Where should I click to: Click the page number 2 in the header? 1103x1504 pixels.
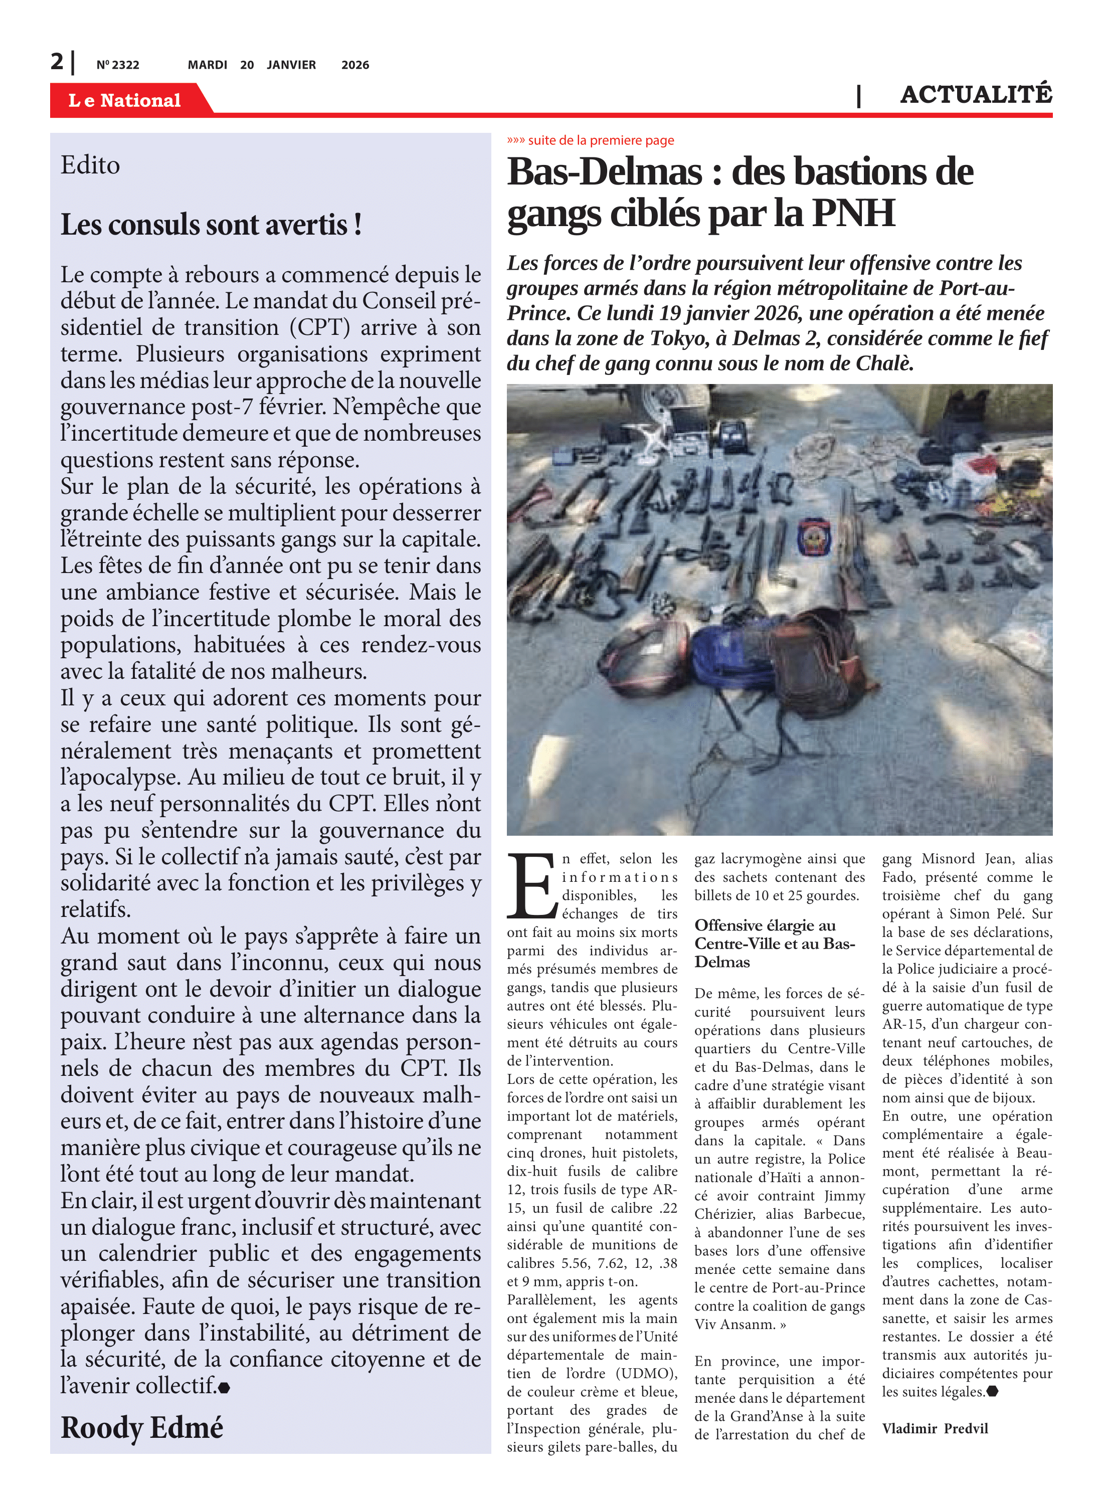point(57,62)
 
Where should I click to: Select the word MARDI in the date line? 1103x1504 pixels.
point(207,65)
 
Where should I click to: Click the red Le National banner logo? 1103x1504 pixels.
point(125,100)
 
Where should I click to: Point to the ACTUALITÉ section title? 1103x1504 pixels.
point(976,95)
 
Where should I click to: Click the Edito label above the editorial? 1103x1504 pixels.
point(90,165)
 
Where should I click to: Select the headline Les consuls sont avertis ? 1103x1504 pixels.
point(211,225)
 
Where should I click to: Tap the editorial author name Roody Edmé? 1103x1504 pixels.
point(141,1428)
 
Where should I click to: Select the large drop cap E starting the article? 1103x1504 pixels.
point(532,885)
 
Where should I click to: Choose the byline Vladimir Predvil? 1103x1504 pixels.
point(935,1429)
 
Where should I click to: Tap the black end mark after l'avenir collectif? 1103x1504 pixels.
point(224,1388)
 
